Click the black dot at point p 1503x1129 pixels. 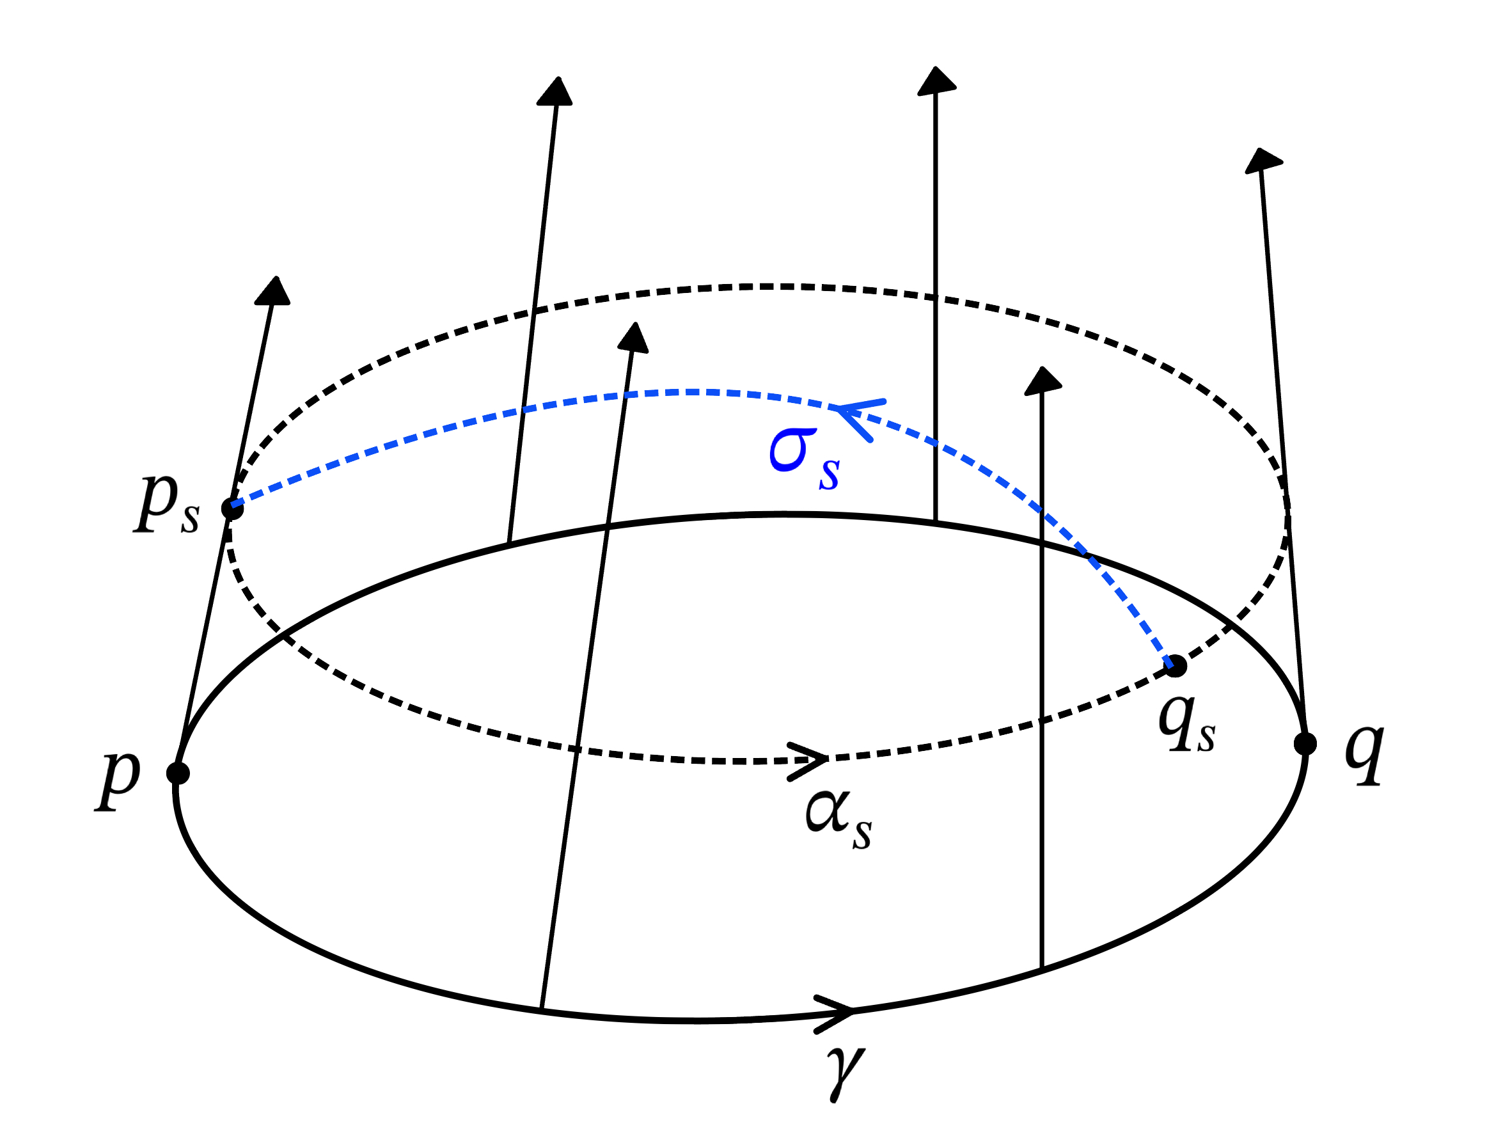coord(178,773)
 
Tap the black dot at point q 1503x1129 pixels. coord(1305,743)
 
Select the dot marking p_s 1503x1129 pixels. coord(232,509)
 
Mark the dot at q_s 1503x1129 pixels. coord(1176,666)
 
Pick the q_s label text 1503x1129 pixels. coord(1186,725)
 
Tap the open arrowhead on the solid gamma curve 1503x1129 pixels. coord(837,1013)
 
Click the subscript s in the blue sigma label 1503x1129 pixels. coord(829,474)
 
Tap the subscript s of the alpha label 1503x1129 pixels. coord(862,834)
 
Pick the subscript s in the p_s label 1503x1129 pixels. coord(190,519)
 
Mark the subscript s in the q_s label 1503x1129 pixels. coord(1206,737)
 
